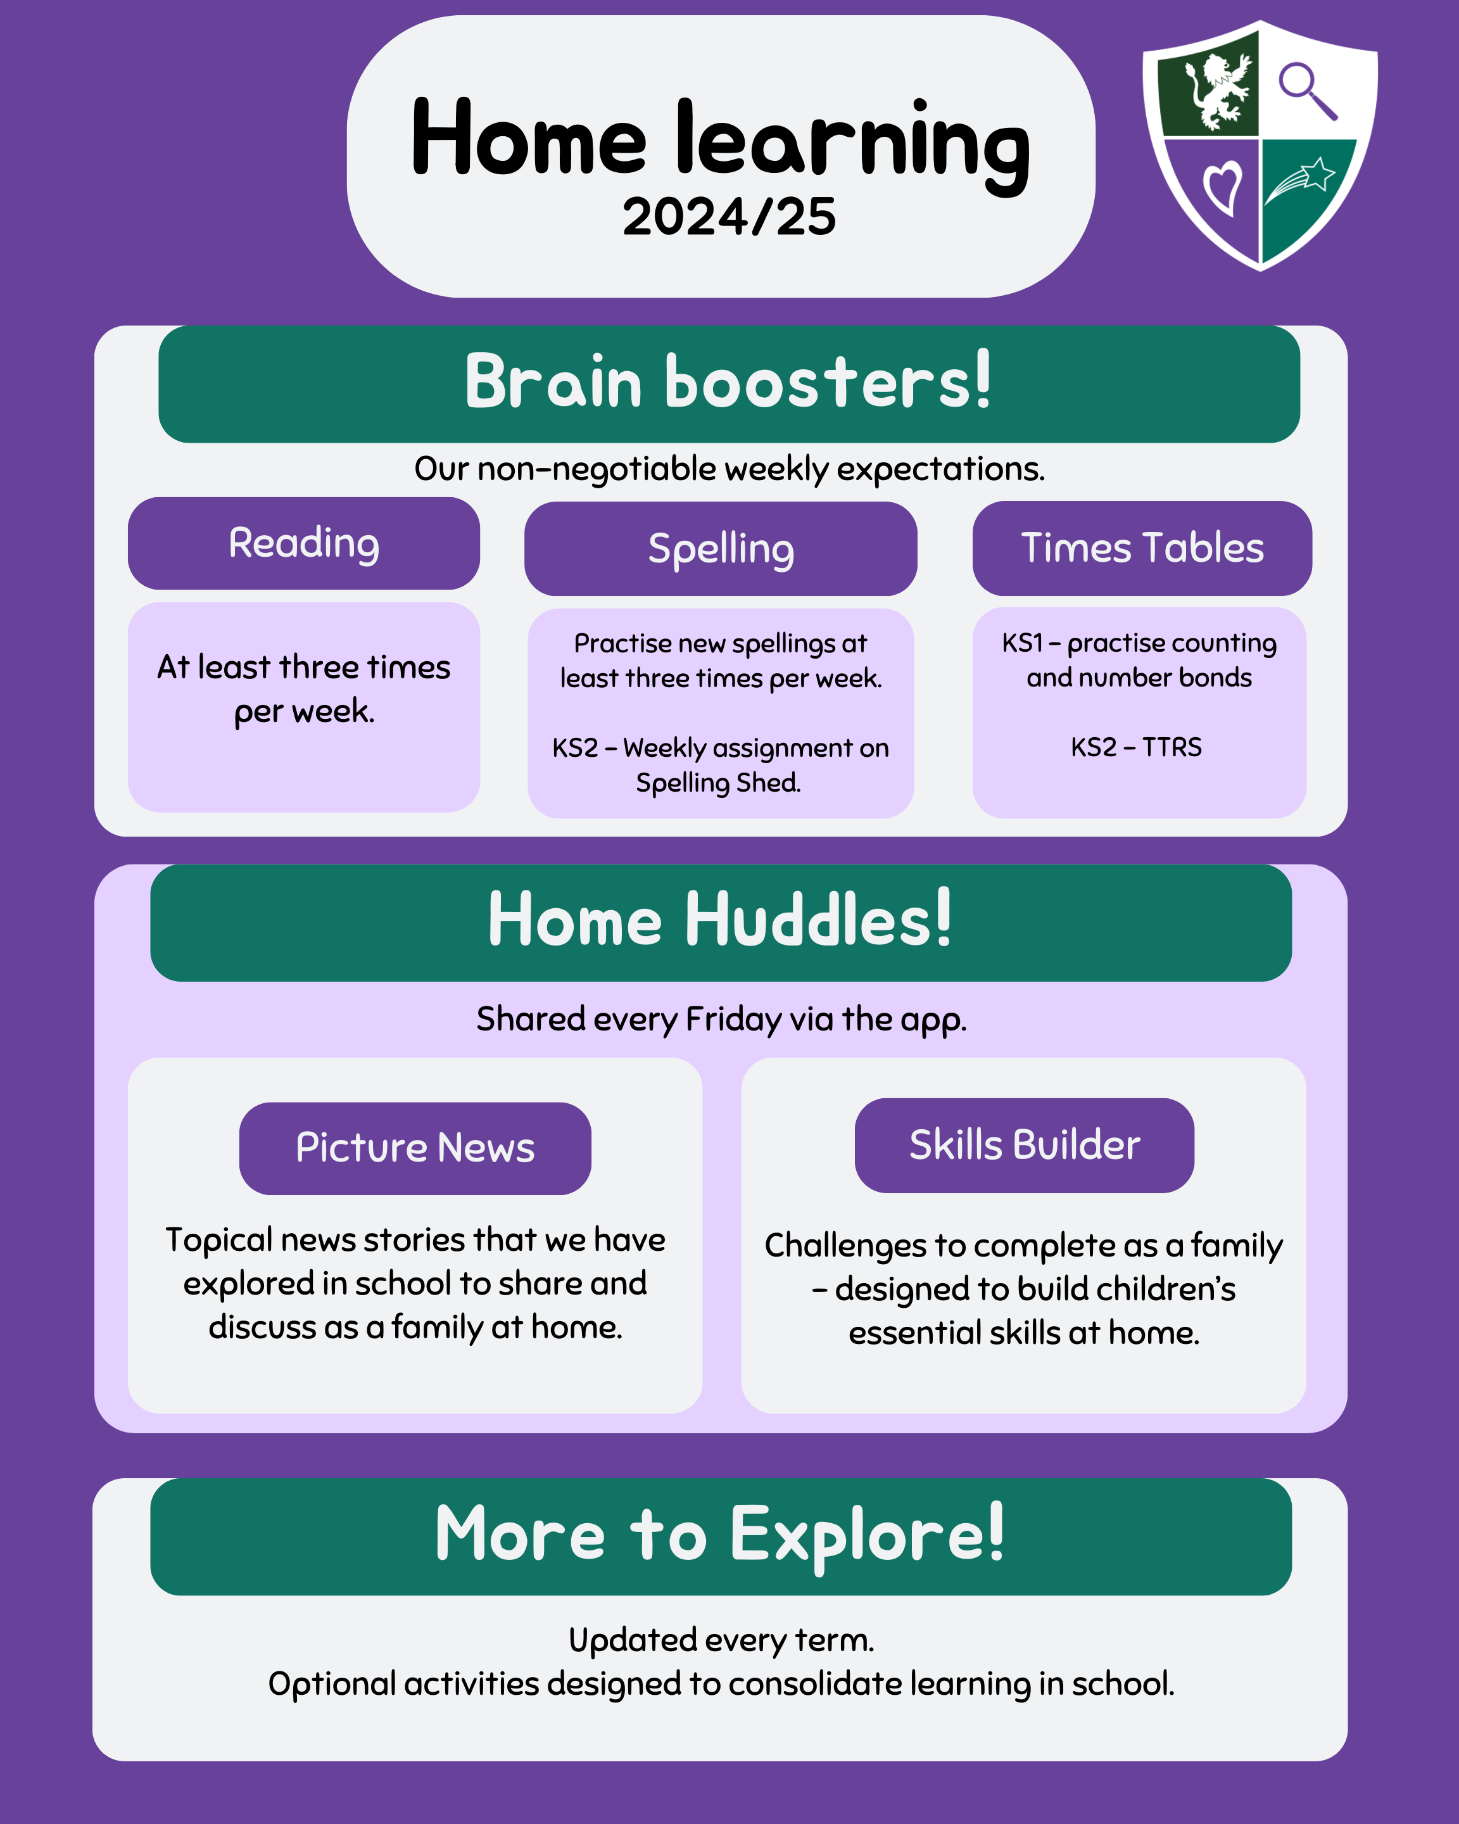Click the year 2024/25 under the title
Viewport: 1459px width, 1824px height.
(729, 217)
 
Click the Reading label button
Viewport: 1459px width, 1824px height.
(303, 543)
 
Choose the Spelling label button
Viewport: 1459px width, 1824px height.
(721, 548)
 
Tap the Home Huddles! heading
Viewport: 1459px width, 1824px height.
(721, 920)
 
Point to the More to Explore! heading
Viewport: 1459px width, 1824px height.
(721, 1535)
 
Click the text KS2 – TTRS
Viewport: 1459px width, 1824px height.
(1136, 747)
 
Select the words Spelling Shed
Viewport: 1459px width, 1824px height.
(718, 783)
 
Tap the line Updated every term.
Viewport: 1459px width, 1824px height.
(721, 1640)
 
